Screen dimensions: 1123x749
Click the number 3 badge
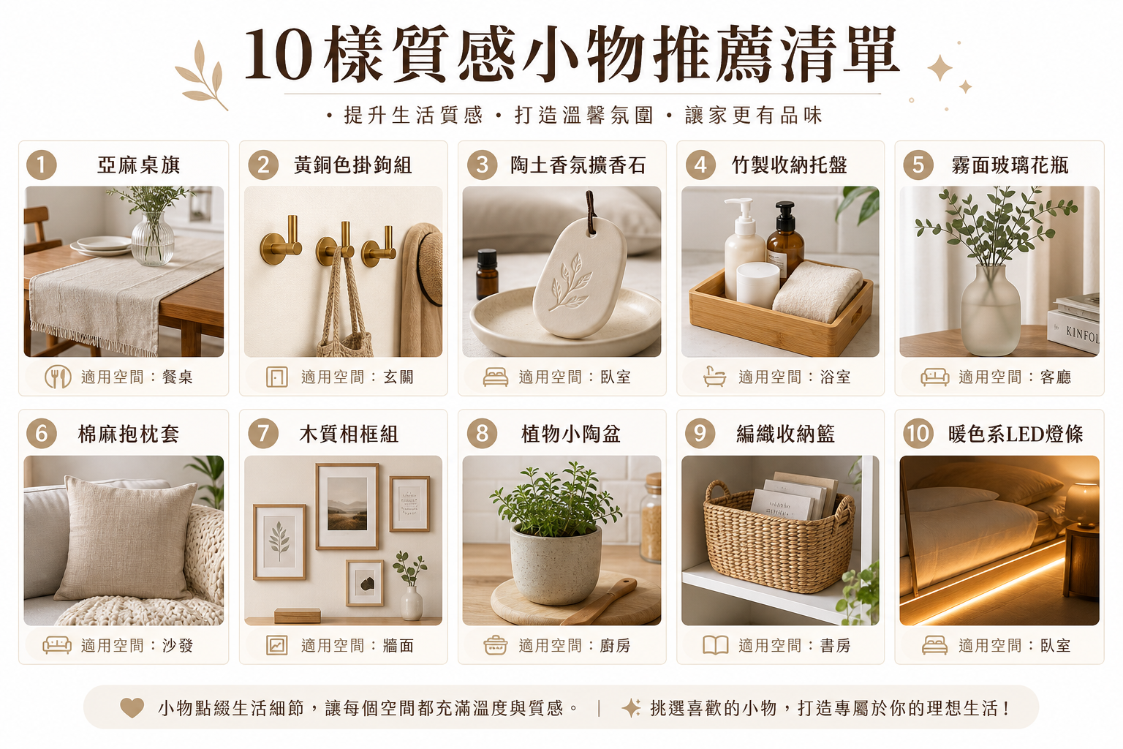click(x=482, y=165)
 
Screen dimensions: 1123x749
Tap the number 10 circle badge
click(x=918, y=434)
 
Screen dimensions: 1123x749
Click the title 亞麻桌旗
click(x=138, y=165)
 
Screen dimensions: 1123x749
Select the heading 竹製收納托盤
click(x=789, y=165)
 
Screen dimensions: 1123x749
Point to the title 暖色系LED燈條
click(x=1016, y=434)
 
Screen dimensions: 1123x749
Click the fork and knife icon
click(x=58, y=377)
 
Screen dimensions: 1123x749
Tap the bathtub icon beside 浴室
click(x=714, y=376)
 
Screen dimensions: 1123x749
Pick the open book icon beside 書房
click(x=716, y=645)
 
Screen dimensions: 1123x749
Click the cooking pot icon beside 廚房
click(x=495, y=645)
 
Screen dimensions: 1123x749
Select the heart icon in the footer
click(x=132, y=708)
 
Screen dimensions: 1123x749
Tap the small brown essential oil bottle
click(x=487, y=274)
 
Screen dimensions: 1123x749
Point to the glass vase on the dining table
click(x=152, y=238)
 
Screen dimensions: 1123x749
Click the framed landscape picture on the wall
click(x=347, y=506)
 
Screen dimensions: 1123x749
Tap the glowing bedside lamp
click(x=1083, y=505)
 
